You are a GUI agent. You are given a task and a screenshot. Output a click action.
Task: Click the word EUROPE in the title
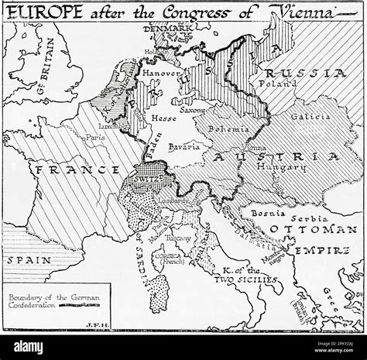tap(40, 12)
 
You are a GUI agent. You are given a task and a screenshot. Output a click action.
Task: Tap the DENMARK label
tap(171, 29)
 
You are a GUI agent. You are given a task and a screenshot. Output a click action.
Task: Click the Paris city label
tap(95, 139)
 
